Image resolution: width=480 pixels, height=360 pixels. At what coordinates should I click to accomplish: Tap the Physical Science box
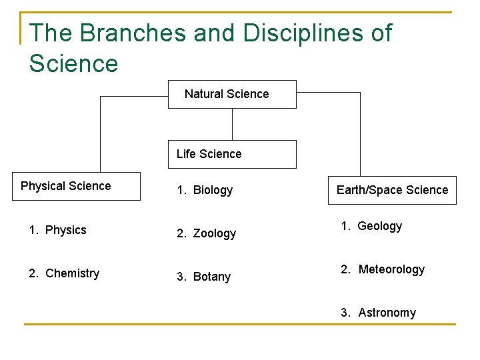(77, 186)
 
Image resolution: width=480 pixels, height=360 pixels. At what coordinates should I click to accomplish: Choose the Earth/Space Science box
(392, 190)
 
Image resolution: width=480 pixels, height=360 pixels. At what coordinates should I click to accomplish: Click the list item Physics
(66, 230)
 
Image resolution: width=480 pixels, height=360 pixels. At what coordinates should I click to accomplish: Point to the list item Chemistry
(72, 273)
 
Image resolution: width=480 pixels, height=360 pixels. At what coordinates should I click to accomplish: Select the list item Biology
(213, 190)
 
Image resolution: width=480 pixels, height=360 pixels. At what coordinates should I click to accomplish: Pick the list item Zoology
(215, 233)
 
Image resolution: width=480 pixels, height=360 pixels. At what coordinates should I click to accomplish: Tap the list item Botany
(212, 277)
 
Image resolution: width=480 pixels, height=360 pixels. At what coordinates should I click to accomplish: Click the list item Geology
(380, 226)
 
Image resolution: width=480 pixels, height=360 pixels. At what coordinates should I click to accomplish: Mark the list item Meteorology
(391, 269)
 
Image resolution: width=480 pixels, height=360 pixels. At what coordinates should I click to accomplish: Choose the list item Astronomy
(387, 313)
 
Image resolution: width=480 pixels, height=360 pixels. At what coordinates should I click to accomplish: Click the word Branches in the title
(121, 33)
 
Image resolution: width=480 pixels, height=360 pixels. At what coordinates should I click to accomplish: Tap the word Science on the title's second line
(73, 64)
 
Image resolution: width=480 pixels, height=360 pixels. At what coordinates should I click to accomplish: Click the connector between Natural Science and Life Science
(232, 124)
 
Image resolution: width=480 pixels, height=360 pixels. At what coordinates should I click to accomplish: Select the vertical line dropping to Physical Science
(100, 133)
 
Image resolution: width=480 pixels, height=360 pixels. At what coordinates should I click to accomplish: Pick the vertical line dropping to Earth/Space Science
(360, 133)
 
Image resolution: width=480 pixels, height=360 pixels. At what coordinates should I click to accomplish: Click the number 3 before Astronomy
(344, 313)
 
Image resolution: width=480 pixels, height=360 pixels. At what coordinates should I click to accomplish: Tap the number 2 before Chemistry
(32, 273)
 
